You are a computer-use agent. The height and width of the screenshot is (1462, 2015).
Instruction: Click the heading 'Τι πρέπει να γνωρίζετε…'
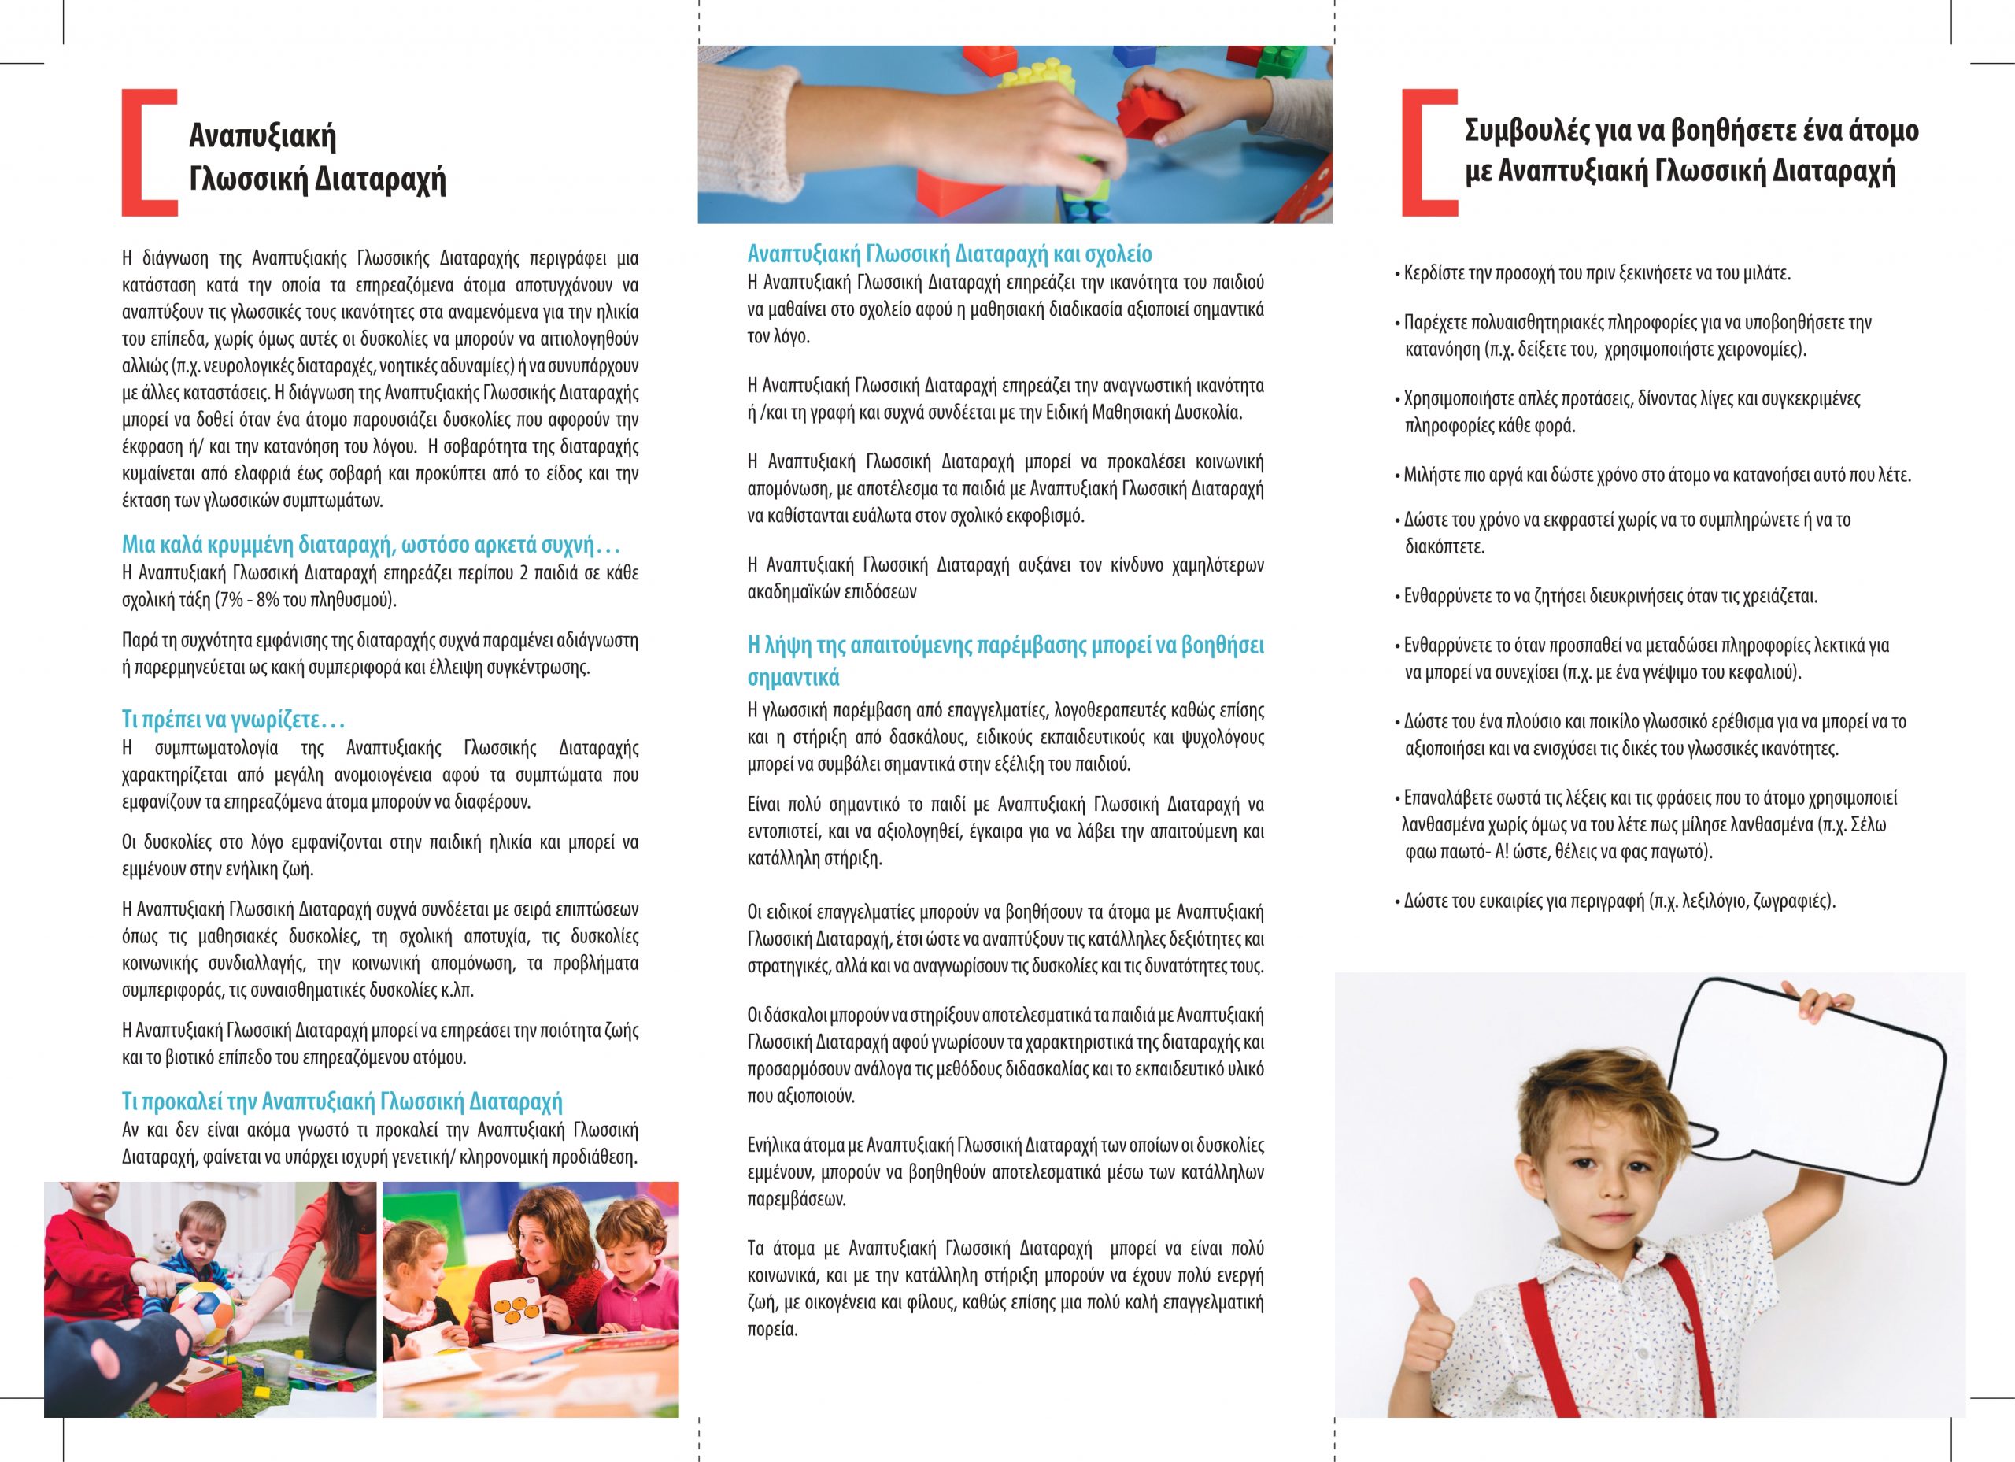click(233, 719)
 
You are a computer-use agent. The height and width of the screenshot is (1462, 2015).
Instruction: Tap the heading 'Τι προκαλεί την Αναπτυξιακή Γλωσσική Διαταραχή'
click(342, 1102)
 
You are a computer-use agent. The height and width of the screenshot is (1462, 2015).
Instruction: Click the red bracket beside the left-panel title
click(142, 152)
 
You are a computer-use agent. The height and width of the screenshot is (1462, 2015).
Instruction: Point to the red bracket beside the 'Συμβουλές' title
click(1422, 152)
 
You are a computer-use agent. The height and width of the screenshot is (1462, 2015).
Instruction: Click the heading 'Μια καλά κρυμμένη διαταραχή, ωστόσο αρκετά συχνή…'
click(371, 545)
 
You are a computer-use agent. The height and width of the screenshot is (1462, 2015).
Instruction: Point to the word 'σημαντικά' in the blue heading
click(793, 677)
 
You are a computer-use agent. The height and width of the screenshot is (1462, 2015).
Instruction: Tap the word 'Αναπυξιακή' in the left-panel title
click(263, 137)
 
